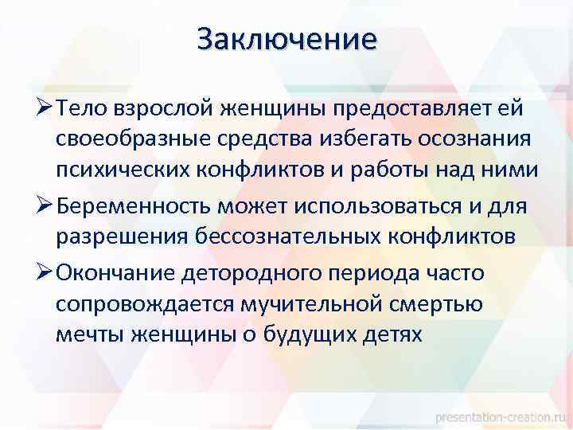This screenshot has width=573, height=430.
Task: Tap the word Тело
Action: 84,107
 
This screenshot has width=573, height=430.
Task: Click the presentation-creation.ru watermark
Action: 504,416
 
